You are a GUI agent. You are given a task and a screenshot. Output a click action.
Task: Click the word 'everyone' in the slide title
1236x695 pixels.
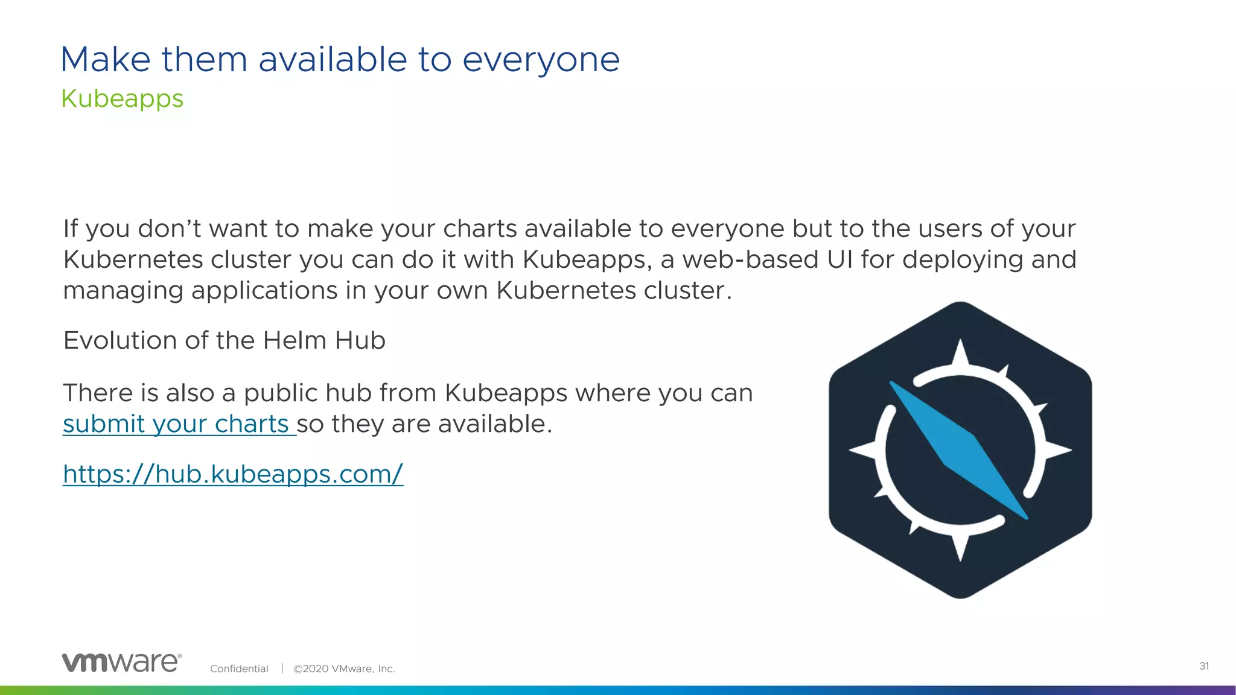point(541,60)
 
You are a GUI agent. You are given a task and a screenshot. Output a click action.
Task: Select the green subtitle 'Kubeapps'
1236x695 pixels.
point(122,98)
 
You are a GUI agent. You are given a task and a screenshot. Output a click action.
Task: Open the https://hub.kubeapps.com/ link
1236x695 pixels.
point(233,474)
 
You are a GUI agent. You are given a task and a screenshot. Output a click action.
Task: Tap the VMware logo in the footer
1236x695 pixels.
point(121,662)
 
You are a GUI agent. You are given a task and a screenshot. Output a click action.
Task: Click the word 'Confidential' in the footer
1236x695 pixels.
point(239,668)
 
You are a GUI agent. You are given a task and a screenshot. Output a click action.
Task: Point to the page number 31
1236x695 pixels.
point(1203,666)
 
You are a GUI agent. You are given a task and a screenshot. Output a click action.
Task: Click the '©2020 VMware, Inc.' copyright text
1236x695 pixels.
point(344,668)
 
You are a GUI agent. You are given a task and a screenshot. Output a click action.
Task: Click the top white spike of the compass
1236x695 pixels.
point(960,353)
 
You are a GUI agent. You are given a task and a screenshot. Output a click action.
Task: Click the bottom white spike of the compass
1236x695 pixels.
point(960,547)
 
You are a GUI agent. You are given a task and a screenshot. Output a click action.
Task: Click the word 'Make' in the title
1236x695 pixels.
point(106,60)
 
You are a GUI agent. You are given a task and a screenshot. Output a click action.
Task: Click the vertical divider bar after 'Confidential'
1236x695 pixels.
point(282,668)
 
